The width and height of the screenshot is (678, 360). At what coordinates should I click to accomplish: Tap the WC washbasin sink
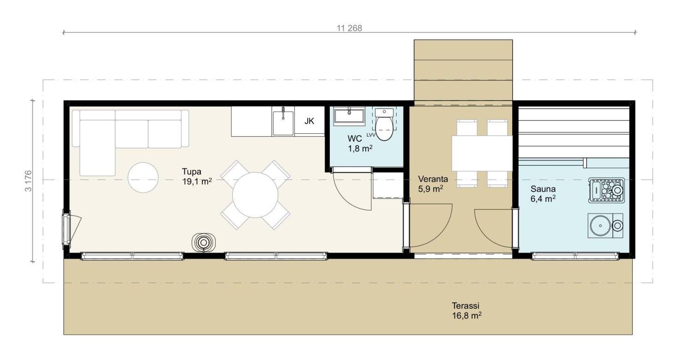(x=349, y=116)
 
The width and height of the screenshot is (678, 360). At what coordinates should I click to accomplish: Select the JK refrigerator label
(x=309, y=121)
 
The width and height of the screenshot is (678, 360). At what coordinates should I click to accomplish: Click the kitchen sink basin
(x=283, y=123)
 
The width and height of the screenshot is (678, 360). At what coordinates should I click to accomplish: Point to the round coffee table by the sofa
(x=143, y=177)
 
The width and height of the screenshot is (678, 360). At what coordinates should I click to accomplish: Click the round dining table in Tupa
(x=255, y=195)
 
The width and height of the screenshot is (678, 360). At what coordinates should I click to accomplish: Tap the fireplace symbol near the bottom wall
(x=204, y=242)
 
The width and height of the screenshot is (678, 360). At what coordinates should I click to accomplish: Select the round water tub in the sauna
(x=600, y=226)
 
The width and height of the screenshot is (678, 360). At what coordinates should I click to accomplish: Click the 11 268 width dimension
(x=349, y=28)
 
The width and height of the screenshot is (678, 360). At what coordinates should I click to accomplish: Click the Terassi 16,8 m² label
(x=466, y=311)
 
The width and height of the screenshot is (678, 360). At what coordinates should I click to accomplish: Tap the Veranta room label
(x=433, y=179)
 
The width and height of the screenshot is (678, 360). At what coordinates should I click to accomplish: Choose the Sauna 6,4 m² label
(x=543, y=193)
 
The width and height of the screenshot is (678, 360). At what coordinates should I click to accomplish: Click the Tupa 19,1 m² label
(x=197, y=176)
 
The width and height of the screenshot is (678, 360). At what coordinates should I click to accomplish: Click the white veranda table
(x=482, y=153)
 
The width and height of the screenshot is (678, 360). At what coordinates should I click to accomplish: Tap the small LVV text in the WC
(x=371, y=135)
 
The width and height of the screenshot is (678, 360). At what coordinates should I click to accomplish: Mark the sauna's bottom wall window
(x=575, y=256)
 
